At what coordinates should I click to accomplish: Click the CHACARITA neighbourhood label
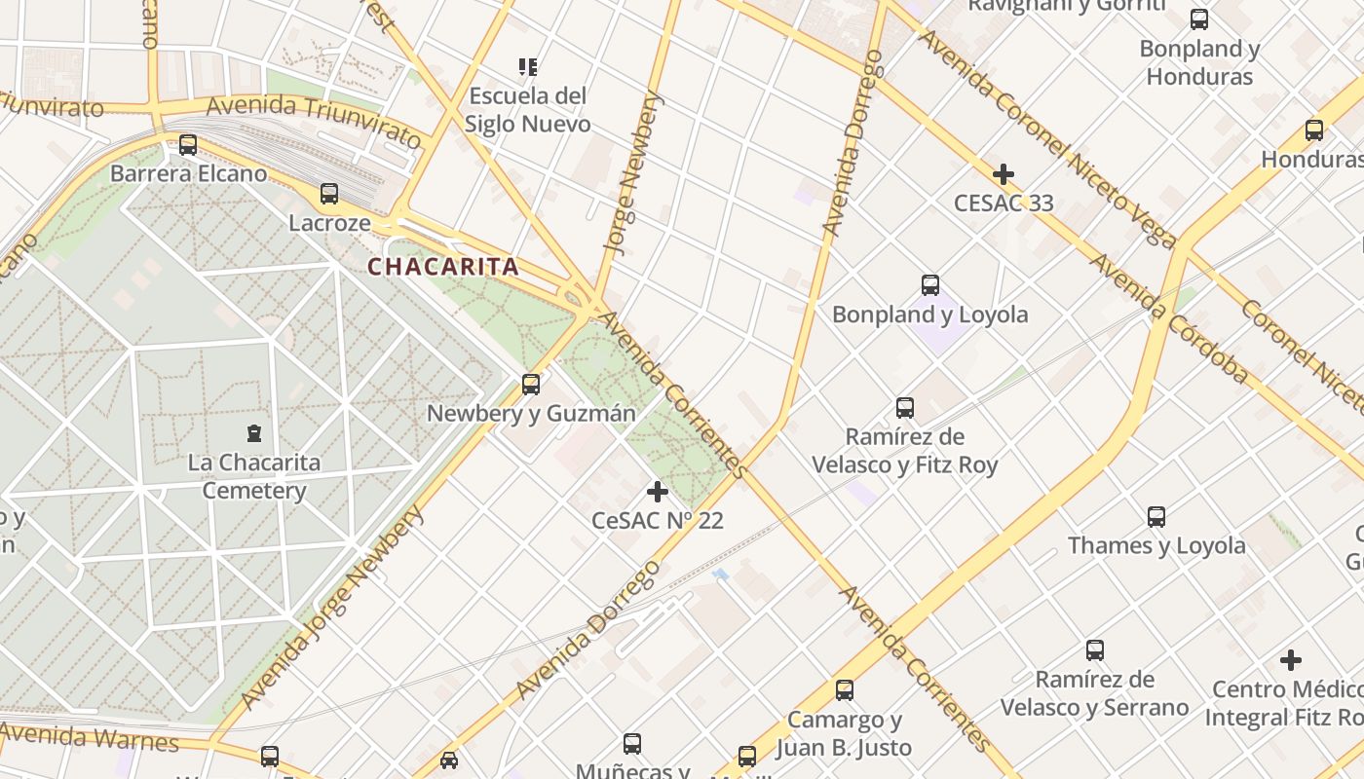[442, 267]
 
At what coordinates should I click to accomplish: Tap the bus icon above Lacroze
[329, 194]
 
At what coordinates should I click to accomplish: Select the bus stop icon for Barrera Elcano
[188, 145]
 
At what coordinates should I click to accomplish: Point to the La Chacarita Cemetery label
[254, 476]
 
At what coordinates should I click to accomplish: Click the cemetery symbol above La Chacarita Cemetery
[254, 433]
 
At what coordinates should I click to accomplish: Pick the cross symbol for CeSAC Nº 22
[658, 492]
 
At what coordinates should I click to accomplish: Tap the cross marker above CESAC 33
[1003, 174]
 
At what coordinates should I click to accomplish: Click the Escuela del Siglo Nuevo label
[527, 110]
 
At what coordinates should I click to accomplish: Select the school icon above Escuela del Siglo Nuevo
[527, 67]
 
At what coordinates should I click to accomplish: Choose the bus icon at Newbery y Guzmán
[531, 384]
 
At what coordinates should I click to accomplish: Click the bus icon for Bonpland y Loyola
[930, 285]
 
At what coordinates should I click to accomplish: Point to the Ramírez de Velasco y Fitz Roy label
[905, 451]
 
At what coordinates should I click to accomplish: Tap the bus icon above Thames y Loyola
[1156, 516]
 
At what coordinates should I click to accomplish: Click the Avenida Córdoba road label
[1168, 318]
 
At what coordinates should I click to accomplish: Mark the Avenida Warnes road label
[90, 737]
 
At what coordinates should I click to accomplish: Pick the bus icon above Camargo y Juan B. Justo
[845, 690]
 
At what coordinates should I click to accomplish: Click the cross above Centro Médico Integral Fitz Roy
[1291, 660]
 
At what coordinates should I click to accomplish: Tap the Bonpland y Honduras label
[1199, 62]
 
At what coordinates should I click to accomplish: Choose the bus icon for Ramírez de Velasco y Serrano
[1095, 649]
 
